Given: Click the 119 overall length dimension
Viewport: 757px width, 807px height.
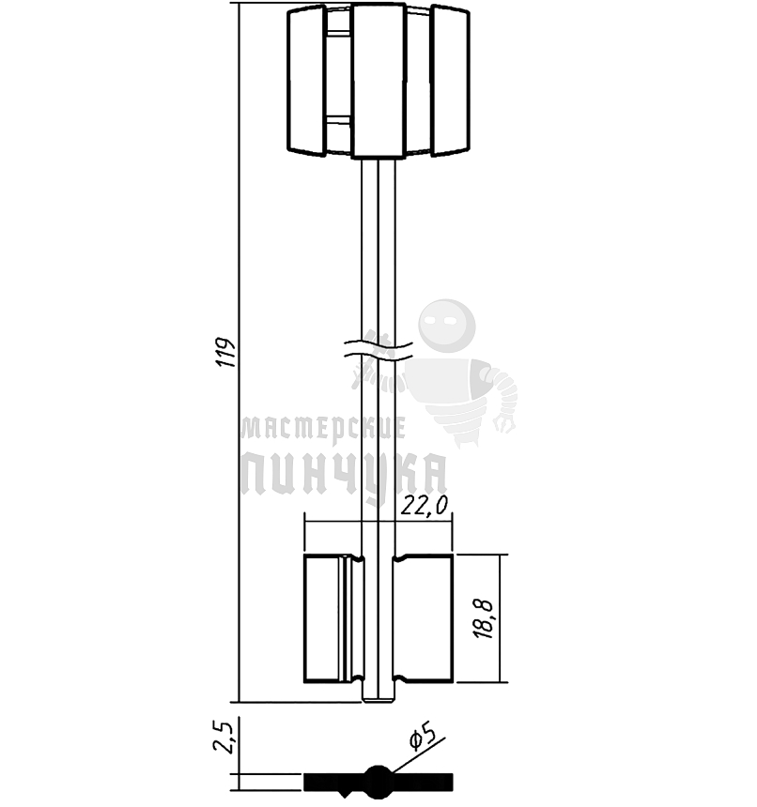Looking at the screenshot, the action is [x=225, y=352].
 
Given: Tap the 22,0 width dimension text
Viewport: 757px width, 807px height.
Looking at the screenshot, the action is [x=425, y=506].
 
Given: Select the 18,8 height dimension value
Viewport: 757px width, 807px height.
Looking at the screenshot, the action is [x=484, y=619].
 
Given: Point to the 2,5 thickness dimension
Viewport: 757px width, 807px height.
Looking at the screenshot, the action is [x=224, y=738].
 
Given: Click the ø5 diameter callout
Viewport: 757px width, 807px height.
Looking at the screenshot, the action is [x=423, y=736].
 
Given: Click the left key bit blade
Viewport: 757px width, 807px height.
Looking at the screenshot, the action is [x=333, y=618].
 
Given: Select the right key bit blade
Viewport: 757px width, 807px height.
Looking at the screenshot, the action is [x=424, y=618].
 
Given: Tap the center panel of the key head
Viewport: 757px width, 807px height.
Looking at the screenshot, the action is [x=378, y=81].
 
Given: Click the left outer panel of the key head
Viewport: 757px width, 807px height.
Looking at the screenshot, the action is [x=306, y=81].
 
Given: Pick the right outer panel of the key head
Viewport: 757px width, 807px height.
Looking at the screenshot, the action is [x=450, y=81].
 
